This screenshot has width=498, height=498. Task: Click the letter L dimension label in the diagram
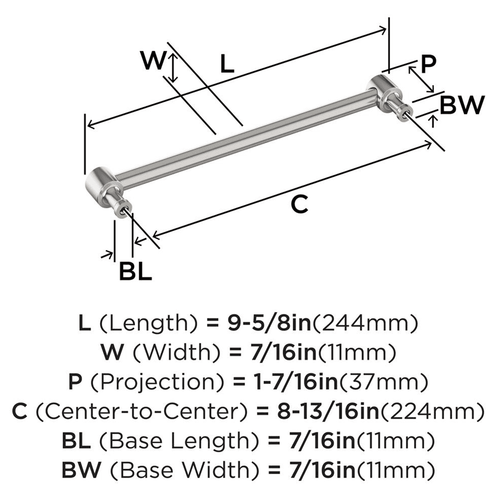pyautogui.click(x=227, y=64)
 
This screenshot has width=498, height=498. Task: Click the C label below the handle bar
pyautogui.click(x=300, y=205)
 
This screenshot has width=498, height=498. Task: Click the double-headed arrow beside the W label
pyautogui.click(x=173, y=68)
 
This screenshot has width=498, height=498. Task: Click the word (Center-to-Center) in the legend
pyautogui.click(x=142, y=412)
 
